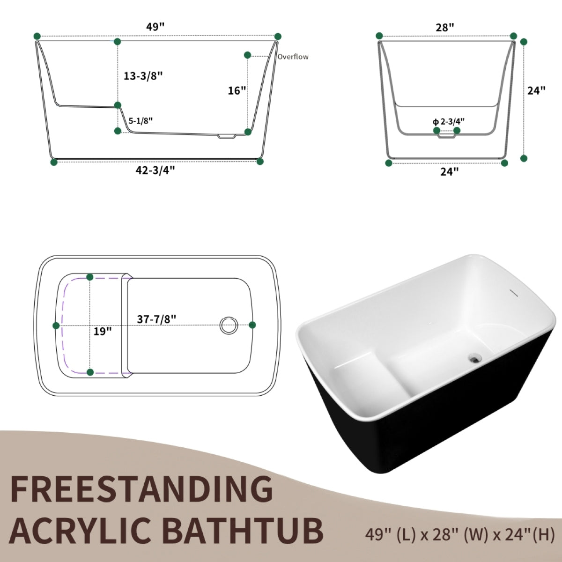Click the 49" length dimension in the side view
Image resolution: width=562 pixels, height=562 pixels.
pyautogui.click(x=155, y=27)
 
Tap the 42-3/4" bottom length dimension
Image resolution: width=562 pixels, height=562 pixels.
pyautogui.click(x=155, y=170)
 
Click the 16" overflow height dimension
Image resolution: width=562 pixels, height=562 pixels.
pyautogui.click(x=237, y=90)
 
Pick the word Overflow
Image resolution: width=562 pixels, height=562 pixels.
pyautogui.click(x=293, y=57)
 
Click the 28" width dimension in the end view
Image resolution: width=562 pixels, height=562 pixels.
pyautogui.click(x=445, y=27)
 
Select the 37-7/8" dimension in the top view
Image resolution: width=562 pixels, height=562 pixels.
pyautogui.click(x=156, y=318)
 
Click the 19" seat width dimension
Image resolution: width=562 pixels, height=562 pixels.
pyautogui.click(x=103, y=332)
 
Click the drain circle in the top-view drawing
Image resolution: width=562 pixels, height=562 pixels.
pyautogui.click(x=229, y=325)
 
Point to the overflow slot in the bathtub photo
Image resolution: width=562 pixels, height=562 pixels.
pyautogui.click(x=514, y=293)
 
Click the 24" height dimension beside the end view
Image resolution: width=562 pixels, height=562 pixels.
pyautogui.click(x=537, y=90)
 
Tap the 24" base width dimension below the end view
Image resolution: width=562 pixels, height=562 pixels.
pyautogui.click(x=449, y=172)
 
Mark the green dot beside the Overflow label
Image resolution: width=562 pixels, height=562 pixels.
pyautogui.click(x=247, y=55)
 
